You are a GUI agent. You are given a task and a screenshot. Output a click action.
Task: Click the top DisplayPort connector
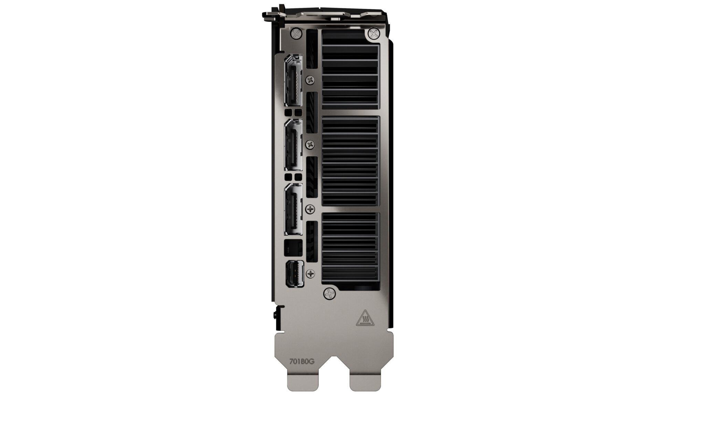(x=293, y=80)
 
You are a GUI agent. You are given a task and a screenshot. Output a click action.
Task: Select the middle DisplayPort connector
(x=293, y=145)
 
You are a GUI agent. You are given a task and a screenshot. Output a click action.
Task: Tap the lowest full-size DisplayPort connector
(x=293, y=209)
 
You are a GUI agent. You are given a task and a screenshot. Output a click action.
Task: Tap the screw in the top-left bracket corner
(x=296, y=33)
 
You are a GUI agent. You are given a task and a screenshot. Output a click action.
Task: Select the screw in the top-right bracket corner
(x=373, y=33)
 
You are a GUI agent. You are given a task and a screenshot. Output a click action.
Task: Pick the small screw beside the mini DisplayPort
(x=311, y=274)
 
